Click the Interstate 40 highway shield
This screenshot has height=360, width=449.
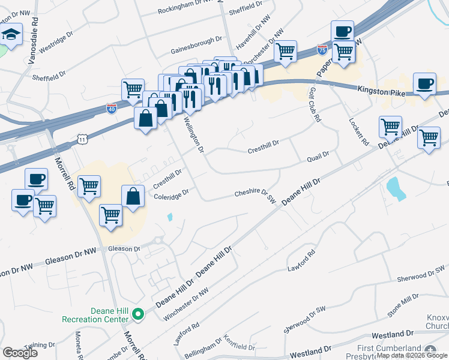tap(112, 108)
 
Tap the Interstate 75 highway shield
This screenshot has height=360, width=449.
tap(323, 50)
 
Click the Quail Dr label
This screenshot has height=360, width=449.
tap(318, 155)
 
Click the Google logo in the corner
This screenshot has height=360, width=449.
tap(20, 353)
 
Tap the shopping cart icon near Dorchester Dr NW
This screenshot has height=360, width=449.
tap(286, 51)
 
